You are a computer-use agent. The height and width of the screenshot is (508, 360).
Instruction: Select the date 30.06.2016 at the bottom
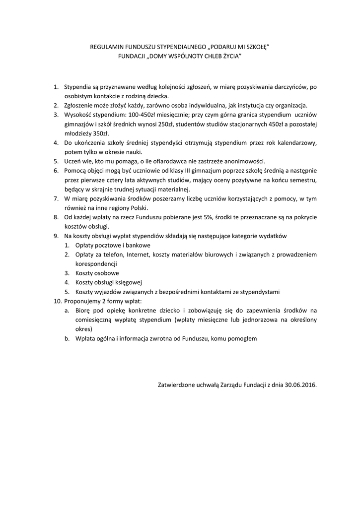[301, 384]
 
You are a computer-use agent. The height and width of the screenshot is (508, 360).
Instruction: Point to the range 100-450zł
[142, 115]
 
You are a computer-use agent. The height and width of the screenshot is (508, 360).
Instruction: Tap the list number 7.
[56, 198]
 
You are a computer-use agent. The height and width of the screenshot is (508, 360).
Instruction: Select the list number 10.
[56, 301]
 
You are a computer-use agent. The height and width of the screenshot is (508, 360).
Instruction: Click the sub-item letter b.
[67, 338]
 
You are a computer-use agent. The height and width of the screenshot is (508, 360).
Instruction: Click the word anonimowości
[244, 161]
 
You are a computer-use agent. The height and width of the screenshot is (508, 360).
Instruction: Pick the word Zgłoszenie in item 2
[80, 106]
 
